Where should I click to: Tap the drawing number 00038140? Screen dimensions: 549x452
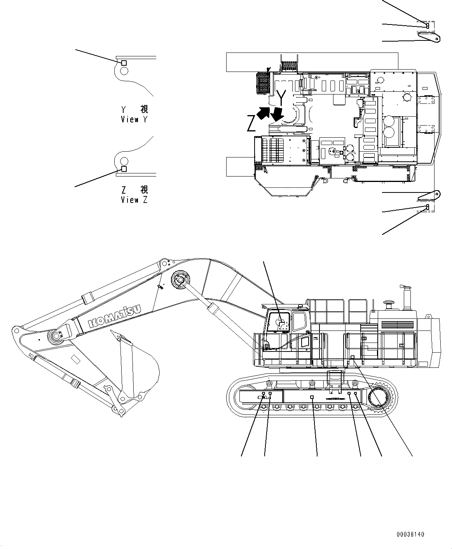pyautogui.click(x=410, y=535)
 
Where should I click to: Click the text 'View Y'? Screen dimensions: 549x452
pyautogui.click(x=134, y=120)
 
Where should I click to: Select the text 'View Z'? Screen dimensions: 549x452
pyautogui.click(x=134, y=200)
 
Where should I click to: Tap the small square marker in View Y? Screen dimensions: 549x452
pyautogui.click(x=124, y=63)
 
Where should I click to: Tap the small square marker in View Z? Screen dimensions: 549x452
pyautogui.click(x=124, y=169)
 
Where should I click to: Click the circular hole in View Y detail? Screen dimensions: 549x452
pyautogui.click(x=124, y=71)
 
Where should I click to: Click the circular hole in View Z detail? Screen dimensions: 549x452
pyautogui.click(x=124, y=161)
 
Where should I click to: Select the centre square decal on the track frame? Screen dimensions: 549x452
pyautogui.click(x=312, y=397)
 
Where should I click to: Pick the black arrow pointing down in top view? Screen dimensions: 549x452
pyautogui.click(x=277, y=114)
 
